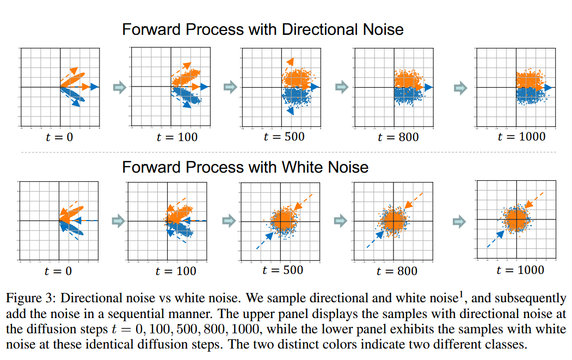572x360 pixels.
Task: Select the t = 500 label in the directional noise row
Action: tap(284, 136)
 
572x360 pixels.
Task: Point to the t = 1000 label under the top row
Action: tap(521, 136)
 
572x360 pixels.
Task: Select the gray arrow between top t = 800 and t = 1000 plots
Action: tap(460, 87)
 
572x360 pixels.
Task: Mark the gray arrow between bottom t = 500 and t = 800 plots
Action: tap(340, 221)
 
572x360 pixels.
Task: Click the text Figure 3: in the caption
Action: tap(30, 298)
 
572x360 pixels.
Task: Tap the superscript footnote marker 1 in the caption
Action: tap(460, 295)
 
